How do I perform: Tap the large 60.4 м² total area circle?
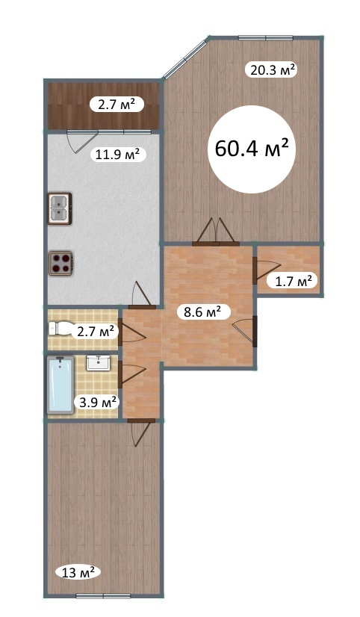(252, 149)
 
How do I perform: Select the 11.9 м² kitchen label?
(118, 155)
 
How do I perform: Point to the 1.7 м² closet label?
(292, 281)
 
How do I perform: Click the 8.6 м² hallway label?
(202, 312)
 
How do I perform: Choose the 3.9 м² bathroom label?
(98, 403)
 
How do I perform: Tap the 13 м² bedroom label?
(78, 572)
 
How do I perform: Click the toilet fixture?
(61, 328)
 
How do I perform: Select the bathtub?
(60, 385)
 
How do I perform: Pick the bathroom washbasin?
(99, 362)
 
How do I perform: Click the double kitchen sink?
(60, 208)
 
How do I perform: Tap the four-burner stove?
(60, 263)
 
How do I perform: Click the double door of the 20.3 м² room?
(216, 232)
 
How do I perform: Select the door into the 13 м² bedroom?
(140, 432)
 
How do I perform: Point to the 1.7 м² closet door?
(267, 270)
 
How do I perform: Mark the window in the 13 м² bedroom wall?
(103, 596)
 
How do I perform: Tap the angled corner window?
(185, 58)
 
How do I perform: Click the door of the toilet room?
(131, 332)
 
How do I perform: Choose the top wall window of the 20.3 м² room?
(266, 38)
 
